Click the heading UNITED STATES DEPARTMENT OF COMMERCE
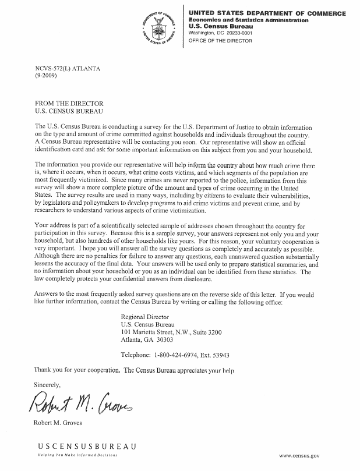tap(267, 13)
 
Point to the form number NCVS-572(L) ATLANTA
tap(68, 69)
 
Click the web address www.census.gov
tap(299, 457)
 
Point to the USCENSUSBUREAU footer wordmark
tap(87, 447)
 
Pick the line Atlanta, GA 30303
tap(147, 341)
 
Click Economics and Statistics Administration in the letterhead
tap(249, 20)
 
